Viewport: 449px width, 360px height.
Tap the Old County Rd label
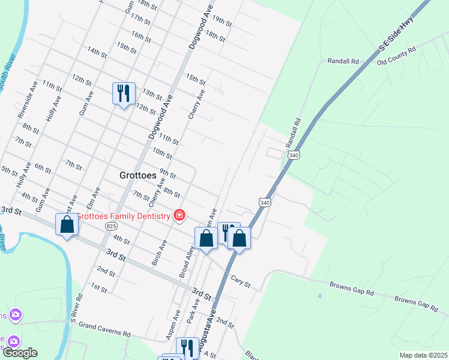point(396,57)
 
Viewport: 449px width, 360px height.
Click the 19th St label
point(222,22)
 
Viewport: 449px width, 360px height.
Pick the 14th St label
point(97,52)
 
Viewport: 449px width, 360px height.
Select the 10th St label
point(162,153)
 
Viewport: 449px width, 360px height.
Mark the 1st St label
point(98,287)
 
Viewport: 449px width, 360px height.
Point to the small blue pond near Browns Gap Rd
point(319,296)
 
